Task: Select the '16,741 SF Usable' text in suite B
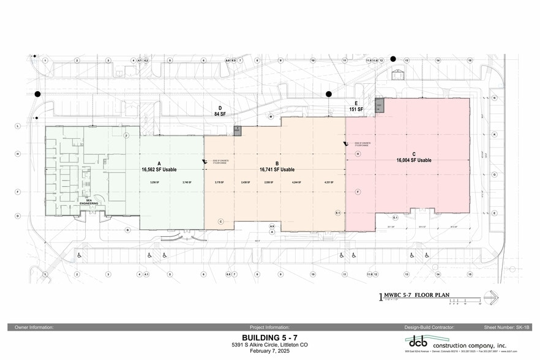coord(277,170)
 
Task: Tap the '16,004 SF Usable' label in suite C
coord(414,160)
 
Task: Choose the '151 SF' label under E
coord(356,110)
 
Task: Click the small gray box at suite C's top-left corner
coord(379,105)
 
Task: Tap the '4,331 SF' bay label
coord(328,182)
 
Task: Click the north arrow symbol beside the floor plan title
coord(491,298)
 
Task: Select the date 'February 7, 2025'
coord(270,351)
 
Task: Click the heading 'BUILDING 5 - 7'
coord(270,337)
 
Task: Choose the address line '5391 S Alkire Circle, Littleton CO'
coord(270,344)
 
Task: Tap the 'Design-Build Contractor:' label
coord(423,328)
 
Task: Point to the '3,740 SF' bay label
coord(187,182)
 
